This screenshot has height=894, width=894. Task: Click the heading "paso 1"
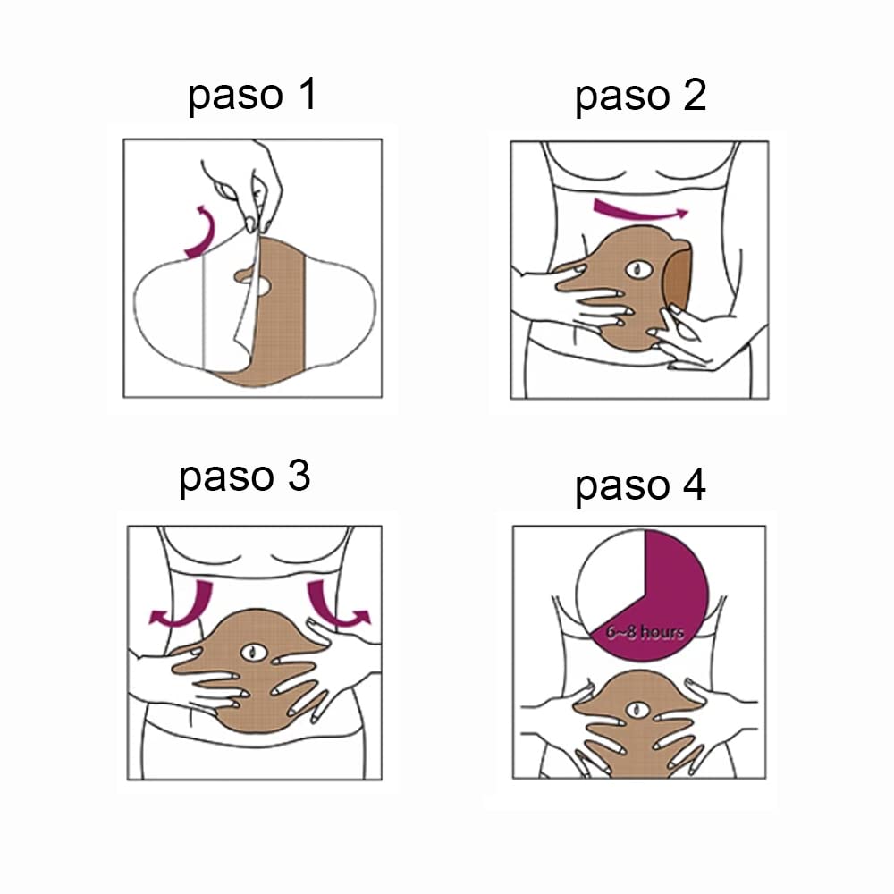[x=252, y=97]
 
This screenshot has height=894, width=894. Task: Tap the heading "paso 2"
[x=640, y=97]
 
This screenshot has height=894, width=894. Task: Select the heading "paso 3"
[x=244, y=477]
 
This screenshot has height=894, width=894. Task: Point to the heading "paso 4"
[x=640, y=486]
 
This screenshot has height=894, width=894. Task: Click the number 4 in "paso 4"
[x=692, y=486]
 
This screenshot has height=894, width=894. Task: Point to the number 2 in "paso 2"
[x=693, y=97]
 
